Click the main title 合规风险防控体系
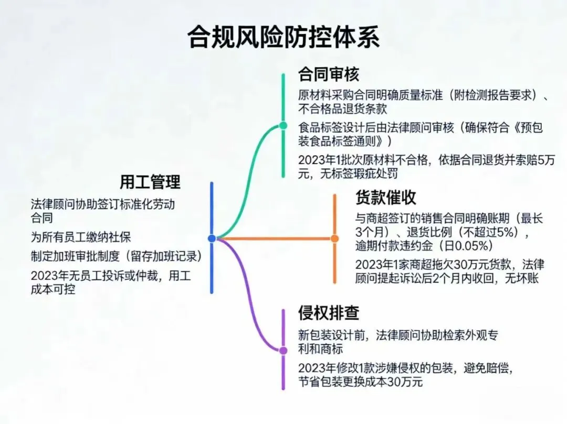(x=283, y=38)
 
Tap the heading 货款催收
(x=386, y=197)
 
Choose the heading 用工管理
(x=150, y=182)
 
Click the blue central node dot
(x=212, y=238)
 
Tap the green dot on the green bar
(x=283, y=126)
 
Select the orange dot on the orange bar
(x=334, y=238)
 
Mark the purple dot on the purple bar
(x=283, y=350)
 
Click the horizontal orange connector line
(x=273, y=238)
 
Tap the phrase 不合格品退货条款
(x=342, y=109)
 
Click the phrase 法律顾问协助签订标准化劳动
(x=102, y=204)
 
